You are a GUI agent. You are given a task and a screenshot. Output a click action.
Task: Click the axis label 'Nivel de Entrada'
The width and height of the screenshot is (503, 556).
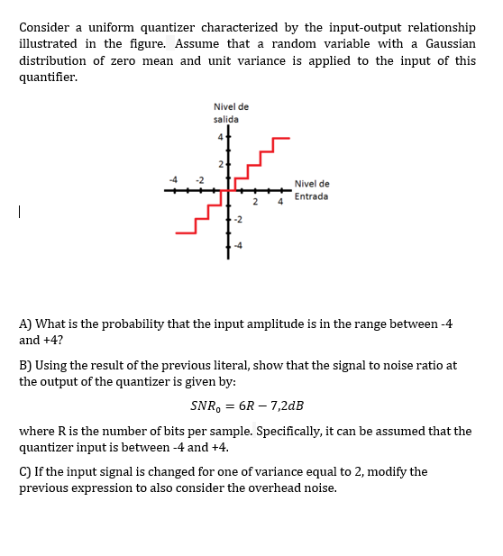(x=311, y=189)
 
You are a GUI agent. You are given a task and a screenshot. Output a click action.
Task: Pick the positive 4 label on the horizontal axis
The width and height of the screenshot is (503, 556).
(x=280, y=202)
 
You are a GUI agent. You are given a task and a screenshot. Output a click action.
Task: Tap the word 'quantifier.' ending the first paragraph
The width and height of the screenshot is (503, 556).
(x=48, y=77)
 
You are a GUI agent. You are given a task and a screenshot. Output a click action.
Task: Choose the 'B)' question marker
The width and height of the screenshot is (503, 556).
(x=26, y=365)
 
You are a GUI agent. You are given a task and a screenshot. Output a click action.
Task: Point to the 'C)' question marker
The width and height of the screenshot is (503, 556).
(x=26, y=471)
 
